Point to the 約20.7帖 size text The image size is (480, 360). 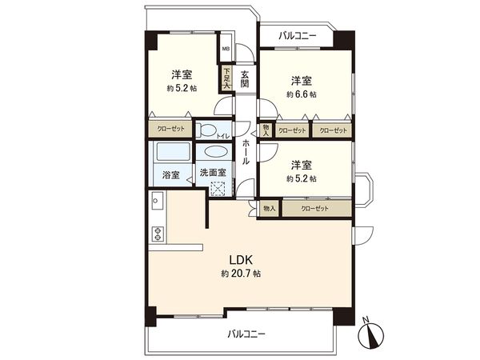coord(241,274)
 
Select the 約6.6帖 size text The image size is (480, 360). coord(301,94)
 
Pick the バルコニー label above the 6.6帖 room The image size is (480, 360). coord(298,36)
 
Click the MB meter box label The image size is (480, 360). coord(226,48)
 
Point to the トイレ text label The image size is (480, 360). coord(223,137)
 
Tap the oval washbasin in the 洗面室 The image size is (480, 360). coord(215,151)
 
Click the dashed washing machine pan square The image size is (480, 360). coord(218,189)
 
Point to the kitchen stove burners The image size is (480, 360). coord(158,234)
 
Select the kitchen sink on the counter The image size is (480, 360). coord(158,203)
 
